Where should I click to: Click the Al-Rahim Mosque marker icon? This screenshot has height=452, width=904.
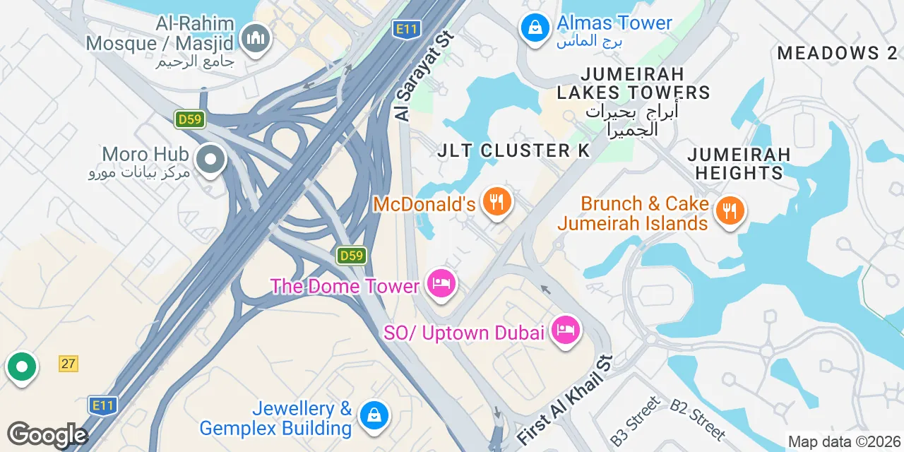[x=255, y=39]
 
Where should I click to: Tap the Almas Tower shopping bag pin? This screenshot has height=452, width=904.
[x=535, y=28]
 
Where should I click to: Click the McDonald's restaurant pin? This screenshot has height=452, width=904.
[x=497, y=202]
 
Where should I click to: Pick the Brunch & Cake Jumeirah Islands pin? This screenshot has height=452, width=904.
[x=730, y=211]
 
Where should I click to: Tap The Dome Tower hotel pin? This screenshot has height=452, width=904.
[x=441, y=285]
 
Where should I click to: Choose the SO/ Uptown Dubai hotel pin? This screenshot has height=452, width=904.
[x=565, y=329]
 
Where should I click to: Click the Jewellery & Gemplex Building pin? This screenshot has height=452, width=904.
[x=374, y=415]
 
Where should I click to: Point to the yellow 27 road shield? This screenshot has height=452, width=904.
[x=68, y=364]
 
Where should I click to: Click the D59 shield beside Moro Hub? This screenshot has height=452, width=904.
[x=190, y=119]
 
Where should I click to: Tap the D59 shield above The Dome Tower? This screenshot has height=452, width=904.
[x=351, y=255]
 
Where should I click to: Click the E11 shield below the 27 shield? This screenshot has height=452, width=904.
[x=102, y=405]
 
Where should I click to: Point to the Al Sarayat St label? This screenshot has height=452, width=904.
[x=422, y=76]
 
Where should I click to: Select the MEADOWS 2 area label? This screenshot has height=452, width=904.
[x=837, y=53]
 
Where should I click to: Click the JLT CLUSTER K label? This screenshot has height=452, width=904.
[x=513, y=150]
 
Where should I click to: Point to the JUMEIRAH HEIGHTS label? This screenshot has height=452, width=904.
[x=739, y=163]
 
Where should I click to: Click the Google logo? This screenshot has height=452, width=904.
[x=47, y=435]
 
